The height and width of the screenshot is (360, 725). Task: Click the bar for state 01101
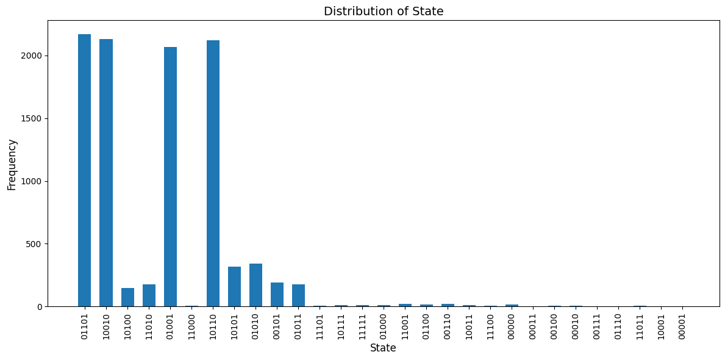pyautogui.click(x=84, y=171)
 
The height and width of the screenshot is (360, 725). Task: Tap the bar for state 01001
pyautogui.click(x=170, y=177)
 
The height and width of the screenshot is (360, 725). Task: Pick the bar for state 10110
pyautogui.click(x=213, y=174)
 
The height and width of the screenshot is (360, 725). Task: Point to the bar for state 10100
pyautogui.click(x=127, y=298)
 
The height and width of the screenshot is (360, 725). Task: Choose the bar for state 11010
pyautogui.click(x=149, y=296)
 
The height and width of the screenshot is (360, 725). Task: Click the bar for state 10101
pyautogui.click(x=234, y=287)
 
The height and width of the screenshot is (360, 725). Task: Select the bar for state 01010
pyautogui.click(x=255, y=286)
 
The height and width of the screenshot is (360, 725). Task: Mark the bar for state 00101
pyautogui.click(x=277, y=295)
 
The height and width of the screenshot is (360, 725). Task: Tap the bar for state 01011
pyautogui.click(x=298, y=296)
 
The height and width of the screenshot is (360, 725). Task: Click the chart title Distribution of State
pyautogui.click(x=384, y=12)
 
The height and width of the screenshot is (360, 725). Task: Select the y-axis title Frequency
pyautogui.click(x=12, y=164)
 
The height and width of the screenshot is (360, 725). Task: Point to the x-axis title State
pyautogui.click(x=383, y=348)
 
